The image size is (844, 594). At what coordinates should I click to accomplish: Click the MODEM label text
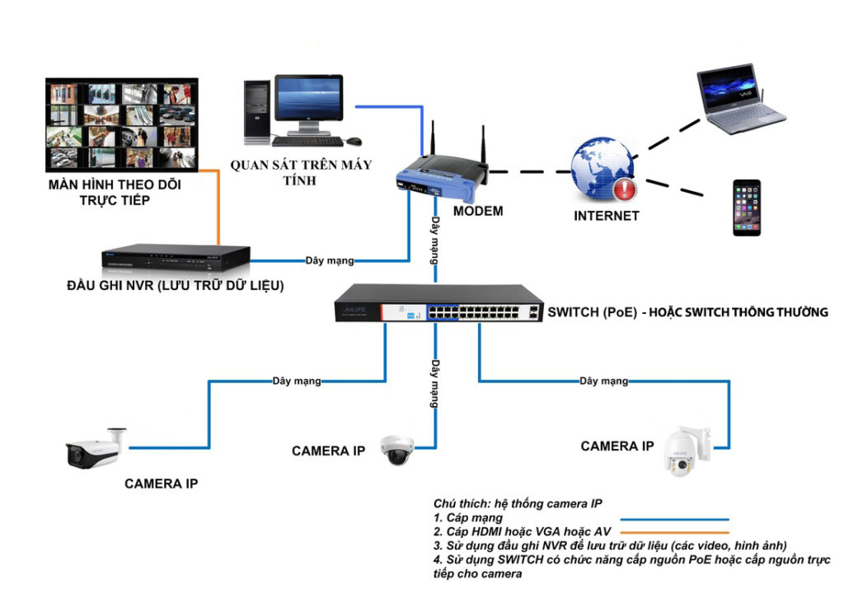[x=478, y=211]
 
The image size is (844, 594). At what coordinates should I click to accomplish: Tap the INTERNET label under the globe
[x=607, y=216]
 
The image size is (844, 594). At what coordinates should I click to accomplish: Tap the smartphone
[x=748, y=208]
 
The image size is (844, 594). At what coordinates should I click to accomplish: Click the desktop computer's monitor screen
[x=308, y=99]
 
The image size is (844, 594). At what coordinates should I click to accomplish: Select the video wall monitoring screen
[x=121, y=124]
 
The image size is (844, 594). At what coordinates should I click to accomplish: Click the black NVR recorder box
[x=176, y=258]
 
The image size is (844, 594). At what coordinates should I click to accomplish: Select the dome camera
[x=394, y=449]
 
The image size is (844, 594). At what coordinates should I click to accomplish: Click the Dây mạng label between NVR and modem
[x=330, y=261]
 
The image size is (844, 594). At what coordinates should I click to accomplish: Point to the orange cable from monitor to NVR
[x=218, y=206]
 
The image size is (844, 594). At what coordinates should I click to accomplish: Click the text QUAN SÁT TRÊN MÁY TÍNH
[x=301, y=172]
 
